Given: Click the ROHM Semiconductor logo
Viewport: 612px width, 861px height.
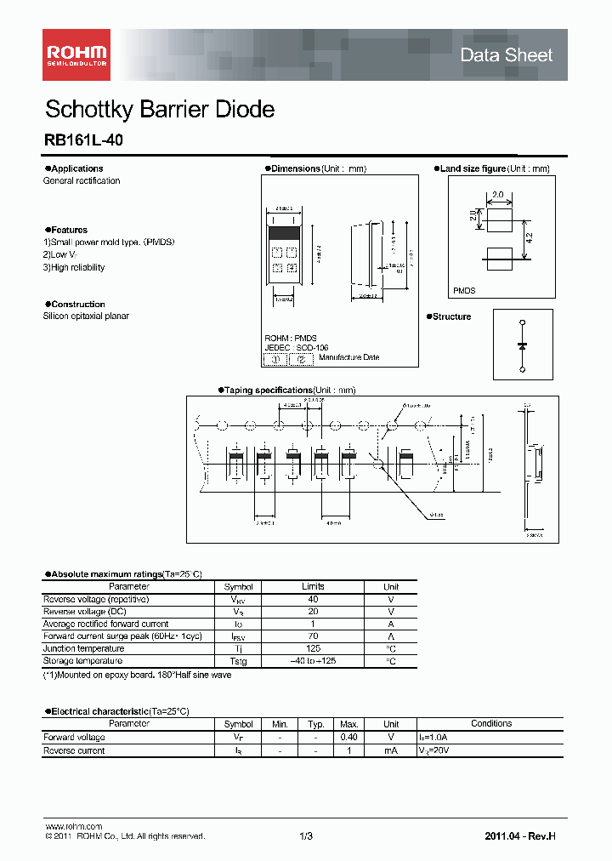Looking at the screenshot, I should click(76, 54).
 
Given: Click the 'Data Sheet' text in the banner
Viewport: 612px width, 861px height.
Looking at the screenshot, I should click(506, 55).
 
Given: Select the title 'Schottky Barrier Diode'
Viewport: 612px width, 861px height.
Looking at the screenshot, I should click(159, 110).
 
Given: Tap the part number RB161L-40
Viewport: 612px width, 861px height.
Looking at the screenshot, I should click(82, 142).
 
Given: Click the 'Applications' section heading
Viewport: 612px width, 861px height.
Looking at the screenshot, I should click(74, 168).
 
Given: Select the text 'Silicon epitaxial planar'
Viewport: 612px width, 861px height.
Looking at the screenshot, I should click(86, 316).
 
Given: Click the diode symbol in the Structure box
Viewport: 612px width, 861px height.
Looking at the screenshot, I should click(522, 345).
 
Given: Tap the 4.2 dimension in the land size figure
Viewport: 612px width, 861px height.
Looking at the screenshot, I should click(529, 241).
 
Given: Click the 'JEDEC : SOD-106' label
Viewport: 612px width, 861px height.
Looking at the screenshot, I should click(296, 347).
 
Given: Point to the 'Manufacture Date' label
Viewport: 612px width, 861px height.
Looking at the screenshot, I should click(349, 358).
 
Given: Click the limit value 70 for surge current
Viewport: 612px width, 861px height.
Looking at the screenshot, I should click(313, 636).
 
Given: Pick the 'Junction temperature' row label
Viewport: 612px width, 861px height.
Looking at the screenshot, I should click(82, 648).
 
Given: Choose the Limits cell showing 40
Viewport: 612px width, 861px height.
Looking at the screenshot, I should click(313, 599).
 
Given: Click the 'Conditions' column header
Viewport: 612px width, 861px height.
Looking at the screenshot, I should click(490, 724).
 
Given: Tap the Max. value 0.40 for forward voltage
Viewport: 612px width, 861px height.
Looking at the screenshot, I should click(348, 738).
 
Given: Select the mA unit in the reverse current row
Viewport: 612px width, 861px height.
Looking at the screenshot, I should click(391, 751).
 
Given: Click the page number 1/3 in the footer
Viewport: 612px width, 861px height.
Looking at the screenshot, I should click(306, 836).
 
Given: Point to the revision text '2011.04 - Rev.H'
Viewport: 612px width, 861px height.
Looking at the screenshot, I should click(520, 836).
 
